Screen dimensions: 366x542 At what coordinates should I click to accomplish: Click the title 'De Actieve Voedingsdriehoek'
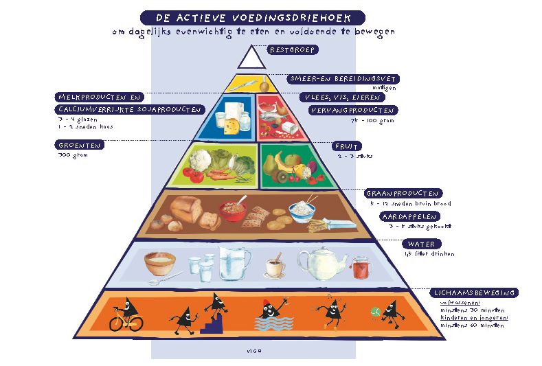pyautogui.click(x=252, y=17)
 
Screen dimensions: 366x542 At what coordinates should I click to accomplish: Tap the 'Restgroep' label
pyautogui.click(x=292, y=49)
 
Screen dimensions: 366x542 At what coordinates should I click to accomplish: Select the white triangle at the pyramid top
pyautogui.click(x=251, y=57)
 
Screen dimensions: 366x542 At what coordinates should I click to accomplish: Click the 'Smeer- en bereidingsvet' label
pyautogui.click(x=343, y=79)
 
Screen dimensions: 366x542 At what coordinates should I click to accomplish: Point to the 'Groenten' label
pyautogui.click(x=80, y=146)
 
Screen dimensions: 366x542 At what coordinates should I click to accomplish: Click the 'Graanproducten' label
pyautogui.click(x=403, y=194)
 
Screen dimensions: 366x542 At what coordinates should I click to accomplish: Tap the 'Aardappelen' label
pyautogui.click(x=410, y=216)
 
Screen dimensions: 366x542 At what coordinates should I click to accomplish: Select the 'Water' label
pyautogui.click(x=423, y=244)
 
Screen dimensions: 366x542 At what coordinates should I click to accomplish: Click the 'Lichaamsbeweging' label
pyautogui.click(x=474, y=293)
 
